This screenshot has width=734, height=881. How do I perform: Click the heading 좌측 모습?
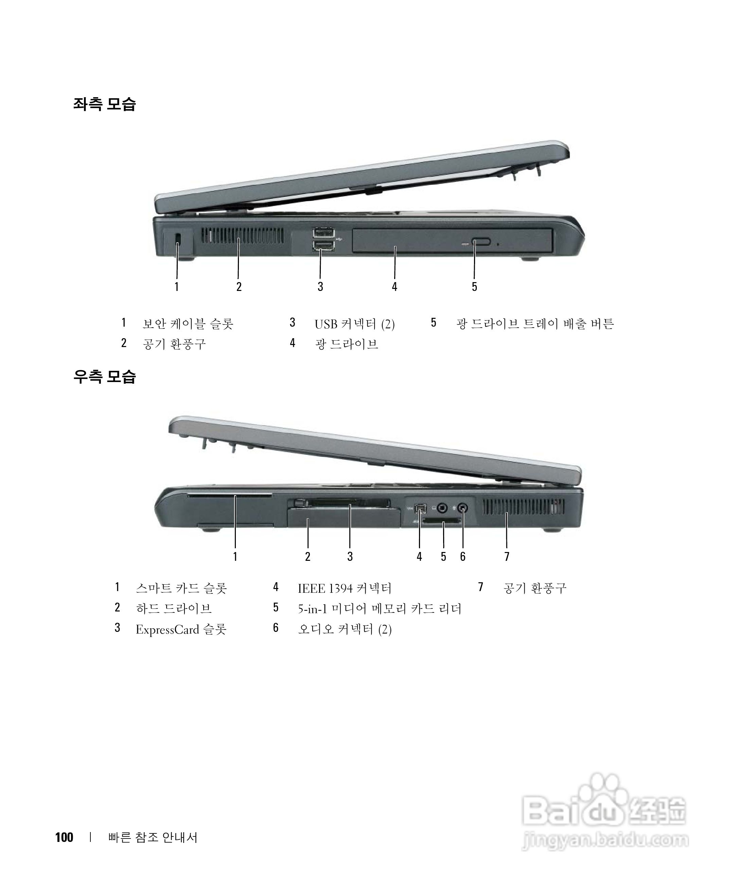(x=104, y=104)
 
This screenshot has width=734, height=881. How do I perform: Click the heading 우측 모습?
(x=104, y=376)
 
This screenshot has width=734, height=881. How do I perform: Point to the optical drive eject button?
(x=480, y=242)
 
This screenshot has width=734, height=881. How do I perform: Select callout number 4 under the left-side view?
(x=394, y=287)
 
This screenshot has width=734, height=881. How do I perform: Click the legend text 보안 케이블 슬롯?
(x=188, y=324)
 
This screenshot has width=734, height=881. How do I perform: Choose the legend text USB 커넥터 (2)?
(x=354, y=324)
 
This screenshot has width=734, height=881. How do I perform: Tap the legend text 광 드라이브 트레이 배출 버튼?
(x=535, y=324)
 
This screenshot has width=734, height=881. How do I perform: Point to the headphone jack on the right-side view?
(x=442, y=508)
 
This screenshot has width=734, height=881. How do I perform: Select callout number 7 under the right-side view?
(x=507, y=556)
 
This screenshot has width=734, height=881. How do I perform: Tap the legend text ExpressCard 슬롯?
(x=181, y=629)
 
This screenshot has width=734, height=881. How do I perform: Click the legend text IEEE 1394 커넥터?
(x=344, y=588)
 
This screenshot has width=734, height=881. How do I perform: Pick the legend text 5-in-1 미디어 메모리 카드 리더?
(x=380, y=609)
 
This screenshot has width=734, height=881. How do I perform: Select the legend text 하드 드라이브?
(x=174, y=609)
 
